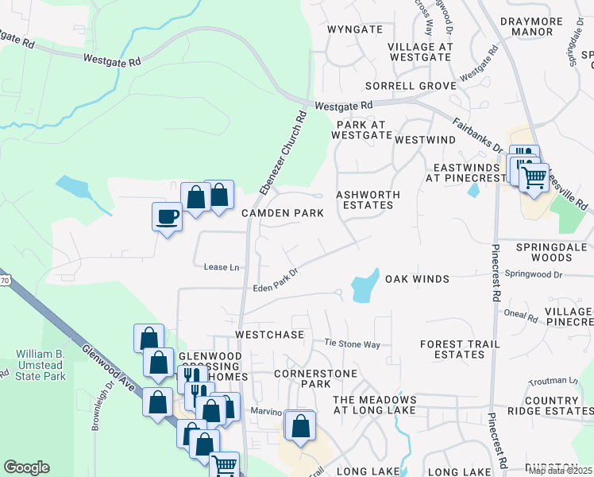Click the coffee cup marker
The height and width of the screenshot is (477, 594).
pyautogui.click(x=167, y=216)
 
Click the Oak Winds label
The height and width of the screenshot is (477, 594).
pyautogui.click(x=418, y=279)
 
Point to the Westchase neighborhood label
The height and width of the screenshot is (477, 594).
pyautogui.click(x=270, y=335)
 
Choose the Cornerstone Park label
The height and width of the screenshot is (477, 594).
pyautogui.click(x=302, y=378)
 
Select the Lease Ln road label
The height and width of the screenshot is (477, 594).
pyautogui.click(x=222, y=267)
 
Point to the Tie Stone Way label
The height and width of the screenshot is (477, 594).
pyautogui.click(x=353, y=343)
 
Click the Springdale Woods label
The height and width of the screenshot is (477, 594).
pyautogui.click(x=554, y=252)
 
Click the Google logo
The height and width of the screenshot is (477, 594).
pyautogui.click(x=26, y=467)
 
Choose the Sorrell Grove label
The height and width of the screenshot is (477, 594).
pyautogui.click(x=411, y=85)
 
